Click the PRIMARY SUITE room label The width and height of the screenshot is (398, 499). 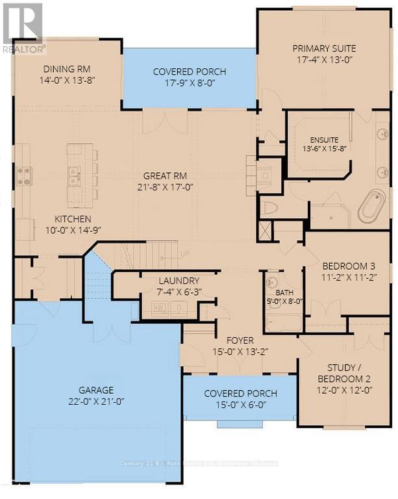(x=323, y=49)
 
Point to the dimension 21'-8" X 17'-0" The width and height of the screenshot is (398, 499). (x=167, y=187)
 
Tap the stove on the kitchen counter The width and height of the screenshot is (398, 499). (x=24, y=173)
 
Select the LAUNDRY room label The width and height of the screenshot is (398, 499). (x=174, y=281)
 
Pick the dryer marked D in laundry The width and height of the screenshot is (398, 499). (x=177, y=309)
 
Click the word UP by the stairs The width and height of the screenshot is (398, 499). (x=184, y=253)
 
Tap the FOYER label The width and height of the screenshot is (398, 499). (x=240, y=340)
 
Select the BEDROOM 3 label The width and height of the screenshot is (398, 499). (x=346, y=265)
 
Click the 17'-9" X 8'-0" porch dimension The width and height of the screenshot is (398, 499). (x=189, y=83)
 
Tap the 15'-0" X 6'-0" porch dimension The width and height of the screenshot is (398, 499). (x=240, y=405)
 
